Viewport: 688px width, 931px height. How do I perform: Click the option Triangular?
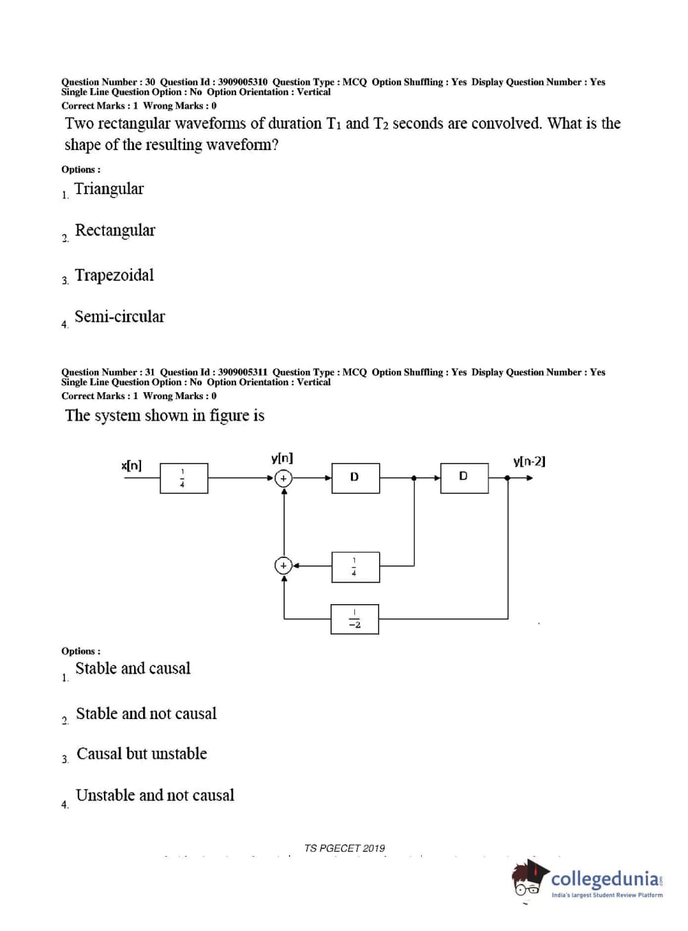coord(109,189)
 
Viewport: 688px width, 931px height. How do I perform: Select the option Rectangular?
coord(115,231)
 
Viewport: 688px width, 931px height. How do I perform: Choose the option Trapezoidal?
coord(114,275)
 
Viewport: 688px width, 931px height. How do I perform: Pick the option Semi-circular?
coord(120,317)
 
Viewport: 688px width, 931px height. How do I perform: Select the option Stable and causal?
coord(133,668)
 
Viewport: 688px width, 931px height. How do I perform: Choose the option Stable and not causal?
coord(146,714)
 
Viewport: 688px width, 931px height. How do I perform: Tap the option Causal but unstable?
coord(142,753)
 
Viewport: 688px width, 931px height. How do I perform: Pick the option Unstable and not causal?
coord(155,795)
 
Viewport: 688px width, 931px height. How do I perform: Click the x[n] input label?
coord(131,466)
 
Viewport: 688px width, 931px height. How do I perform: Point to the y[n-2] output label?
coord(529,461)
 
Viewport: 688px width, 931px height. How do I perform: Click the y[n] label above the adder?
coord(282,458)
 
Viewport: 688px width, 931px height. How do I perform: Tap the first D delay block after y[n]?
coord(355,478)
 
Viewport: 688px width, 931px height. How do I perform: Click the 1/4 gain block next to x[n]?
coord(183,478)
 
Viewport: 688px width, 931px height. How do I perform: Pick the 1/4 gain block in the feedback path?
coord(355,566)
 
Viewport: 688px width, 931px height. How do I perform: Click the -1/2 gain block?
coord(354,619)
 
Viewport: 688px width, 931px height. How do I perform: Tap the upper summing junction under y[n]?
coord(283,478)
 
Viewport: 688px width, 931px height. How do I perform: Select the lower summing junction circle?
coord(283,566)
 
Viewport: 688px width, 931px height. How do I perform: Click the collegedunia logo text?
coord(605,879)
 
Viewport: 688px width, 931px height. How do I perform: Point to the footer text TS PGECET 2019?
coord(345,848)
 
